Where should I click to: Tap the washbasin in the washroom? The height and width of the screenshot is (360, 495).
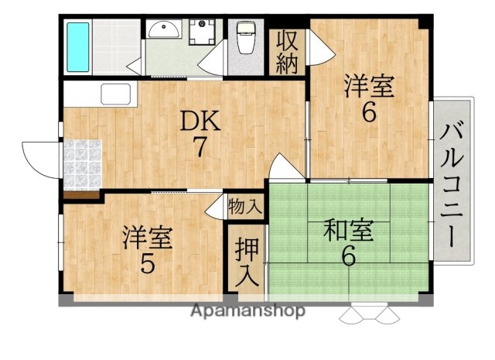[163, 31]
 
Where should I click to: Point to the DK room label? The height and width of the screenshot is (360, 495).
[200, 122]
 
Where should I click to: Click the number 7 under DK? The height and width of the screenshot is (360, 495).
[200, 147]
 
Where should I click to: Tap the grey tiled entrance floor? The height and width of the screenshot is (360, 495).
[82, 163]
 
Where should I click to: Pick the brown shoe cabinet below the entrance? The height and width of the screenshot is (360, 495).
[82, 195]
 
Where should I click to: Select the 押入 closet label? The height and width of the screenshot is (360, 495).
[247, 262]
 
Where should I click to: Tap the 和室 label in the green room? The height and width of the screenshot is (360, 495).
[348, 231]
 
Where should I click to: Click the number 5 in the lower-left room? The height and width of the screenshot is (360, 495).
[147, 265]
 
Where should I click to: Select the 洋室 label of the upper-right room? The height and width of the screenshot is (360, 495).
[369, 85]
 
